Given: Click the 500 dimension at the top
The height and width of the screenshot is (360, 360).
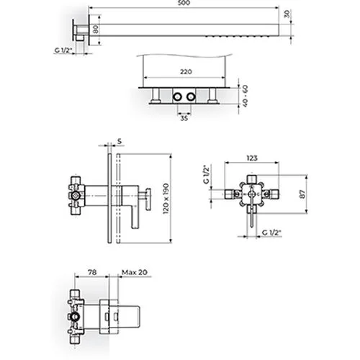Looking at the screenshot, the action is (184, 3).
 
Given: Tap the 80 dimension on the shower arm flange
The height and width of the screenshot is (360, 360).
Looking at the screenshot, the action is (96, 30).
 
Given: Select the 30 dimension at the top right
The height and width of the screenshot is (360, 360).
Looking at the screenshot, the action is (287, 14).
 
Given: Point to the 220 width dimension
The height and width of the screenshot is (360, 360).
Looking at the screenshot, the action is (186, 72).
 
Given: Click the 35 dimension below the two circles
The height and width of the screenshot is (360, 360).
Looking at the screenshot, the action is (184, 118).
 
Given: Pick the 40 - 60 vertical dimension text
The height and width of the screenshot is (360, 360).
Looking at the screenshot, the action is (245, 96).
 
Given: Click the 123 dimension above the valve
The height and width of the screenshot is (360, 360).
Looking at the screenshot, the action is (252, 158).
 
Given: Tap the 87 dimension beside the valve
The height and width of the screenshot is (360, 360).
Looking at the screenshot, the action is (303, 194).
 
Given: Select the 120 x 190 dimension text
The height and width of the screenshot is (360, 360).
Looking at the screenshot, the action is (166, 199).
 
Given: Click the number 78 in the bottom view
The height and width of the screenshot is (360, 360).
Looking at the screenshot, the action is (92, 272).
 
